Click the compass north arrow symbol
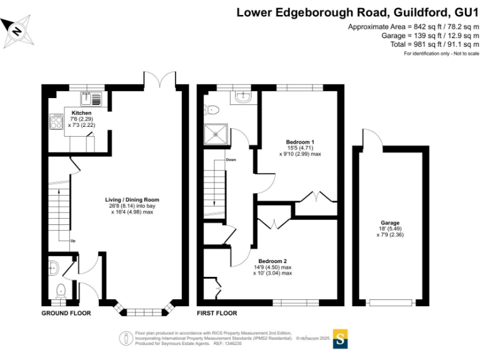17,31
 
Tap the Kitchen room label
81,113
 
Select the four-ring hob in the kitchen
56,121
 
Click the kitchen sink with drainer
91,99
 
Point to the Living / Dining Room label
132,200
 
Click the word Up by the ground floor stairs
73,241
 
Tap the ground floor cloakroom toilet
61,291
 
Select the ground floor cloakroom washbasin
53,268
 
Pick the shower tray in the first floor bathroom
216,134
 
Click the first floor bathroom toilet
211,109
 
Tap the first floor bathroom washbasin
244,97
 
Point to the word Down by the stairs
231,160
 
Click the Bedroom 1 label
300,142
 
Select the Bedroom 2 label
272,261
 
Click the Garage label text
390,223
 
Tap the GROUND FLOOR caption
66,313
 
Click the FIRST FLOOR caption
217,313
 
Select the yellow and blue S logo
340,339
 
